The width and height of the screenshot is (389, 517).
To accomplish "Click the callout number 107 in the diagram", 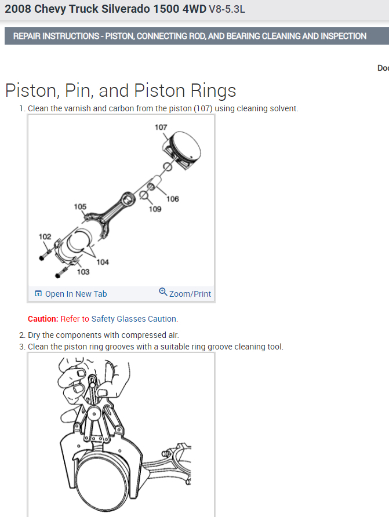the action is click(x=161, y=127).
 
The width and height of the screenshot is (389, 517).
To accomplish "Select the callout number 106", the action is click(x=173, y=199).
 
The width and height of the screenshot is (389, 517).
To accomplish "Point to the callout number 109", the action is click(x=155, y=209).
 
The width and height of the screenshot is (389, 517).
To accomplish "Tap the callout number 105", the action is click(x=80, y=206).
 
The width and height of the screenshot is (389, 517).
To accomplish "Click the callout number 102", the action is click(x=45, y=236).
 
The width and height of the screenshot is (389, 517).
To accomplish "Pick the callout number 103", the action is click(x=83, y=272).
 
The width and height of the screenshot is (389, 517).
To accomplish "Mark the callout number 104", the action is click(x=103, y=262).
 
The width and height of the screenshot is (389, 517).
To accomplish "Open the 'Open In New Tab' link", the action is click(x=76, y=294).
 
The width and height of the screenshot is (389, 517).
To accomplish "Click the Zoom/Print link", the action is click(x=190, y=294).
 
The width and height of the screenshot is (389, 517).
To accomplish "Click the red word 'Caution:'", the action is click(x=43, y=319).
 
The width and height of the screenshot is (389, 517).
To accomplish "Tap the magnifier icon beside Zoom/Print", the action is click(x=163, y=292).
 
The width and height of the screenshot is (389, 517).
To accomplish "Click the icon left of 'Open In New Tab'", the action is click(x=38, y=294).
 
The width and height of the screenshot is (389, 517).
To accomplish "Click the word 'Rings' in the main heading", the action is click(x=215, y=91).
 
